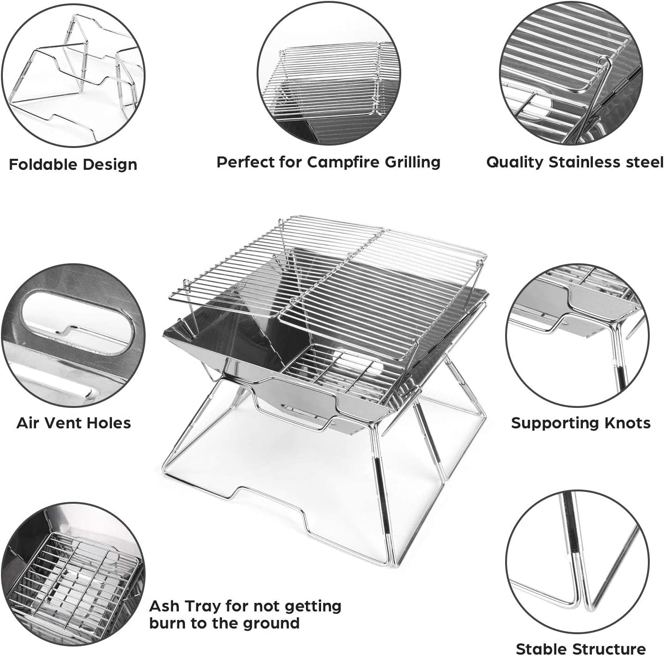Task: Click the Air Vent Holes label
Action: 74,423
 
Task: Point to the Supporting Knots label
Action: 581,423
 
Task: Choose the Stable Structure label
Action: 581,648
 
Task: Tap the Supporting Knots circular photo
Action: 577,334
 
